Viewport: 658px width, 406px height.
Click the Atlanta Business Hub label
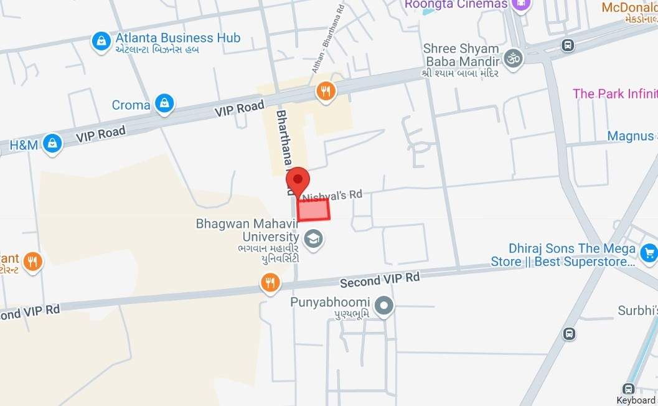coord(177,38)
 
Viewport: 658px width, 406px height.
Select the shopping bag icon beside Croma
coord(164,104)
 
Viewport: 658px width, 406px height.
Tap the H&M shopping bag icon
coord(53,144)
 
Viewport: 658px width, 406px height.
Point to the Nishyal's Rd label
coord(332,196)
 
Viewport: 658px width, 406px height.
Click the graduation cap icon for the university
coord(313,238)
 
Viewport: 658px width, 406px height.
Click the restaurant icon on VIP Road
coord(326,92)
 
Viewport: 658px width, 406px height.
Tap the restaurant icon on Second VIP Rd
coord(270,283)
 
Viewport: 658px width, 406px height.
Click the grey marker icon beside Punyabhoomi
coord(385,306)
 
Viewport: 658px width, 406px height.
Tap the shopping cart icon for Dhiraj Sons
coord(649,253)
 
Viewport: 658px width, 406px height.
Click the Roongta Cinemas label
coord(456,4)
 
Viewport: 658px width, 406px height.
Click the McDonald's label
coord(629,7)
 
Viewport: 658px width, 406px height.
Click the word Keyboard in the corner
coord(636,400)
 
